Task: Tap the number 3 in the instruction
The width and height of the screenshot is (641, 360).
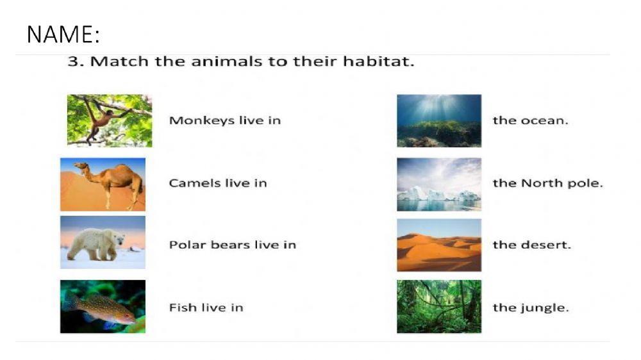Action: (x=72, y=62)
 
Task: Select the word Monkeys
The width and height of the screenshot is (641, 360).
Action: (x=192, y=120)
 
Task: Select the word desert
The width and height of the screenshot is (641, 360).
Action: (x=549, y=245)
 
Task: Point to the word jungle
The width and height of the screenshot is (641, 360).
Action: (x=549, y=308)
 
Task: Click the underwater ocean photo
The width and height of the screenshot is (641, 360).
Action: (x=438, y=120)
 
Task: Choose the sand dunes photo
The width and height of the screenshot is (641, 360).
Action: (x=438, y=245)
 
